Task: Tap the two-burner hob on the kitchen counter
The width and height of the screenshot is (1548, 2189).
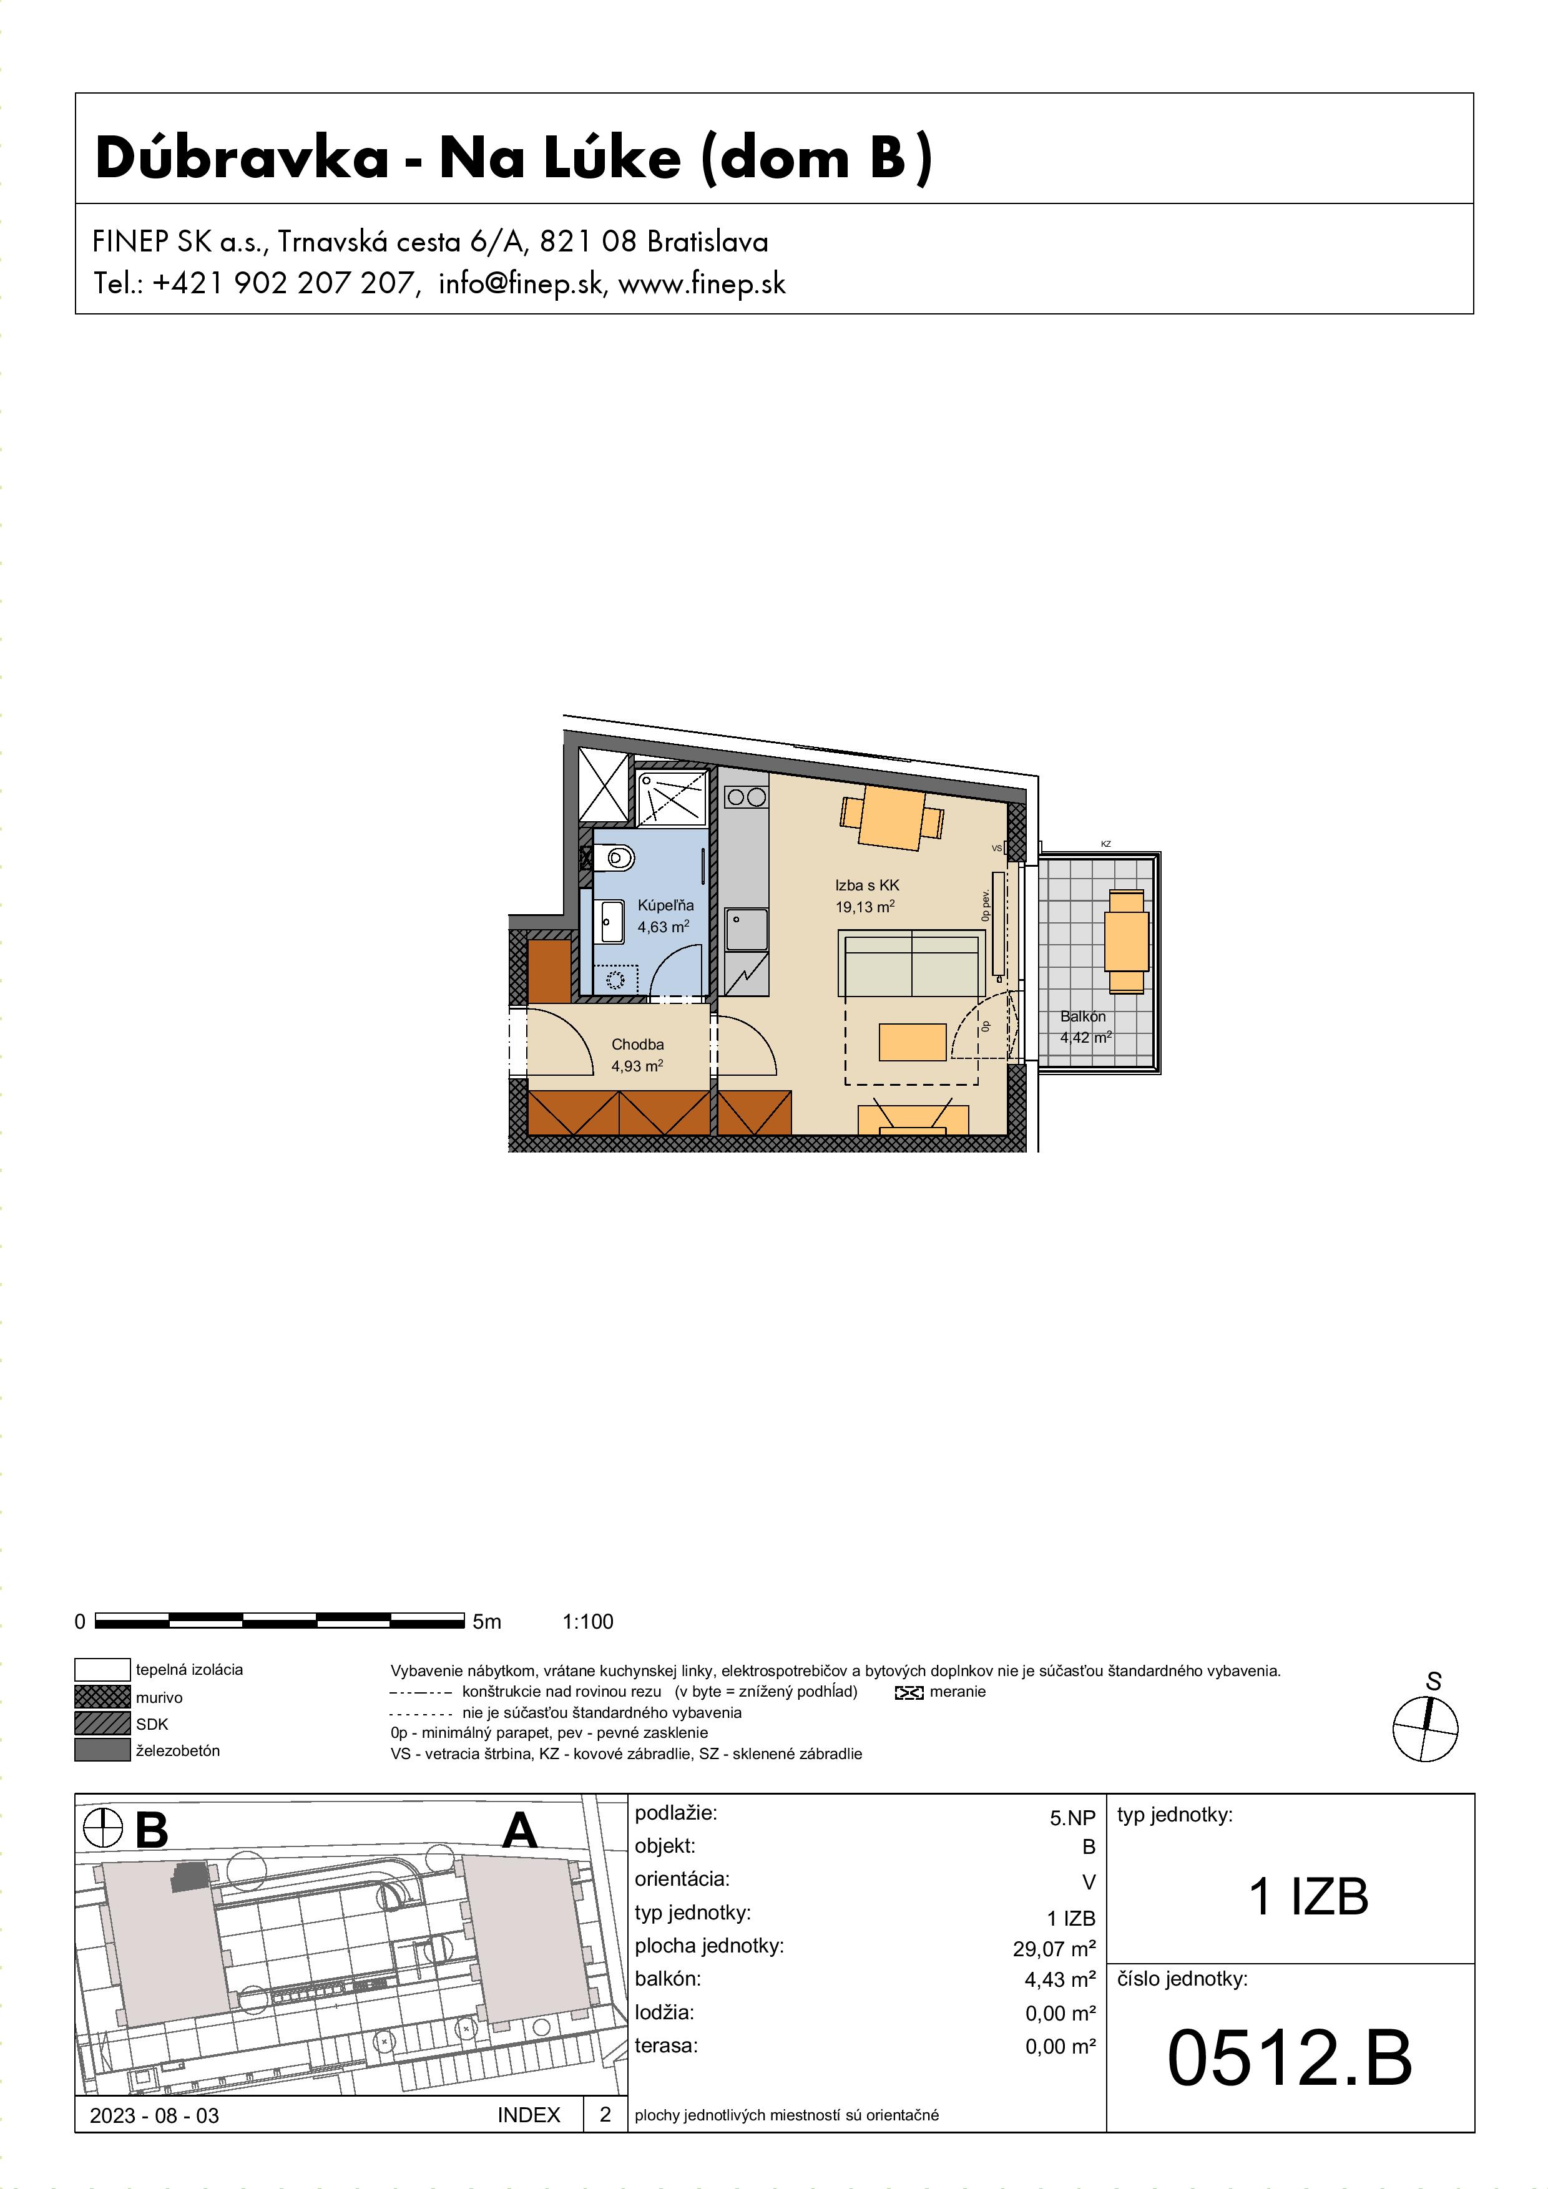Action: (746, 797)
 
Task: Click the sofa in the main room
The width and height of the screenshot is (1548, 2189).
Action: (912, 964)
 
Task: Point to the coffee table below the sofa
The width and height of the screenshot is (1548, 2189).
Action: (912, 1042)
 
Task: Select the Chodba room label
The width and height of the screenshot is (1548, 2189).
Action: (637, 1044)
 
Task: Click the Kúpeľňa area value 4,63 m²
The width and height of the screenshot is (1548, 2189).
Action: (663, 927)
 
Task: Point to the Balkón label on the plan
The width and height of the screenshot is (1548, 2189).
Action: (1082, 1016)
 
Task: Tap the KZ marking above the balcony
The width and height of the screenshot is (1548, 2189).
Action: (1105, 844)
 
